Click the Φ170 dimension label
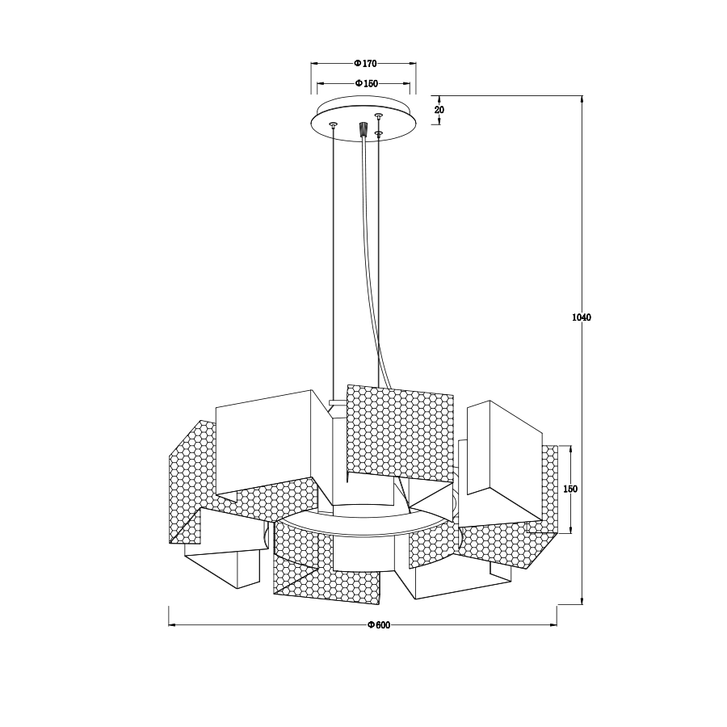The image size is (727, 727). tap(365, 63)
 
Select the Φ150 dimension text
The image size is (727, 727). tap(365, 83)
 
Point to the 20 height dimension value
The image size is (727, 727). tap(439, 110)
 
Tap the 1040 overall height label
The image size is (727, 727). tap(582, 317)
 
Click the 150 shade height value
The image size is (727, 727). tap(571, 490)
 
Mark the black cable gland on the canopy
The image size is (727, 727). tap(363, 128)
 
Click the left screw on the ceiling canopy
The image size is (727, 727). tap(333, 124)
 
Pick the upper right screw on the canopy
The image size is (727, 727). tap(377, 116)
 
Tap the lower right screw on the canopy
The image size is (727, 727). tap(378, 132)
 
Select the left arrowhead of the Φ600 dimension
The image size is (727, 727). tap(170, 625)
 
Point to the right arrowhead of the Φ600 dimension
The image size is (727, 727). tap(555, 625)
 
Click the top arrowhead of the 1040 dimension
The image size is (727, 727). tap(582, 99)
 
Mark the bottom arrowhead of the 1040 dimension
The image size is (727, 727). tap(582, 602)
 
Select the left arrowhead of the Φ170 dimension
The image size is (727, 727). tap(314, 63)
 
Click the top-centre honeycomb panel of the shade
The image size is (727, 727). tap(398, 432)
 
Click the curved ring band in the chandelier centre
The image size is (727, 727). tap(363, 529)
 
